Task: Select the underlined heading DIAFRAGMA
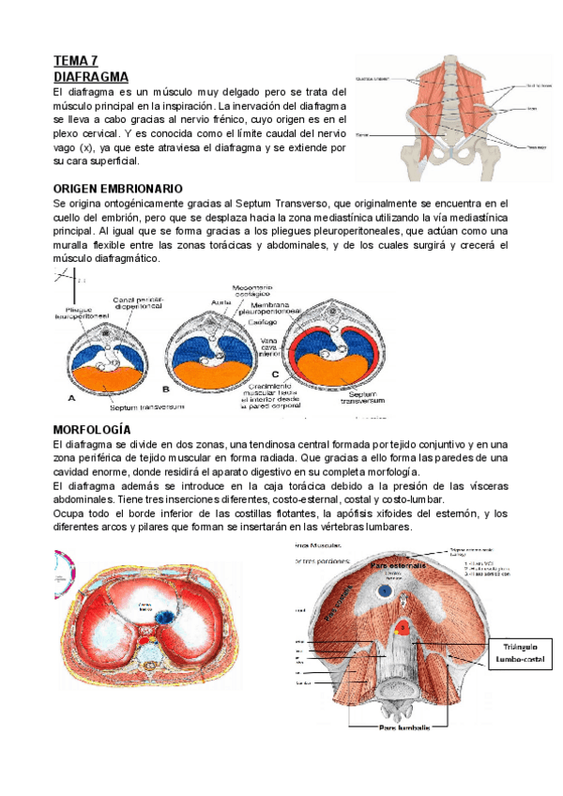click(x=91, y=76)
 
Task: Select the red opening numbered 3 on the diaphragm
click(x=403, y=627)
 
